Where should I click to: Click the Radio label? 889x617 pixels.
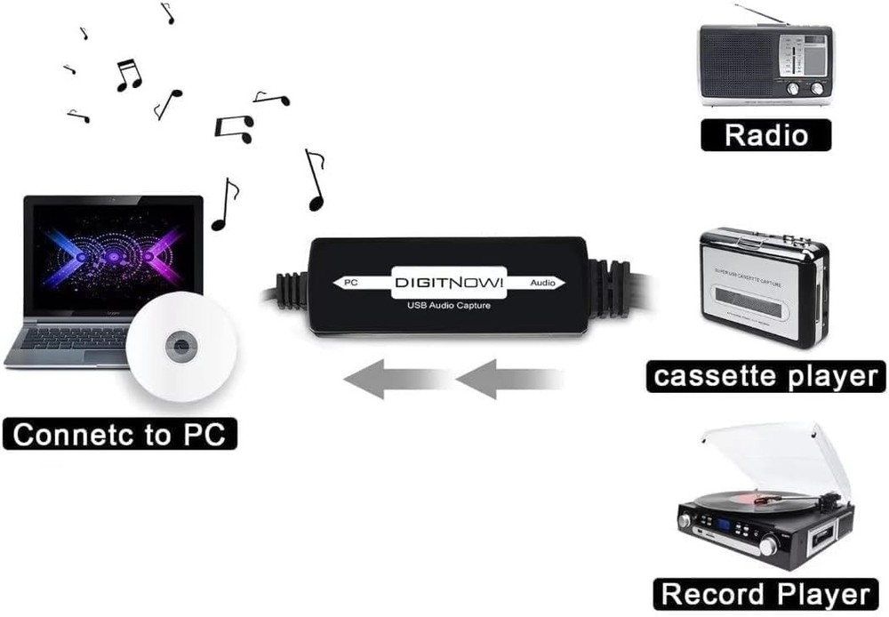(x=765, y=136)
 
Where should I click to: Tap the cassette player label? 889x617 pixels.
(x=765, y=376)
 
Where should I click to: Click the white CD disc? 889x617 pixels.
(x=181, y=346)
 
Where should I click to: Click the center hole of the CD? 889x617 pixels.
(x=181, y=346)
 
